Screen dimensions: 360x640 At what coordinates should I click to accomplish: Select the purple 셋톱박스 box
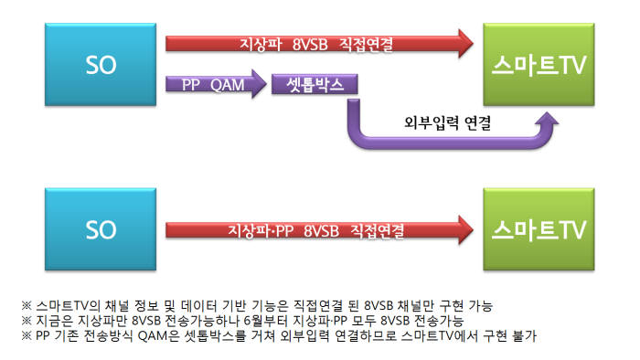click(x=314, y=85)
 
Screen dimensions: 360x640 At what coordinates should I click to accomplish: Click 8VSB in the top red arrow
click(x=313, y=42)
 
